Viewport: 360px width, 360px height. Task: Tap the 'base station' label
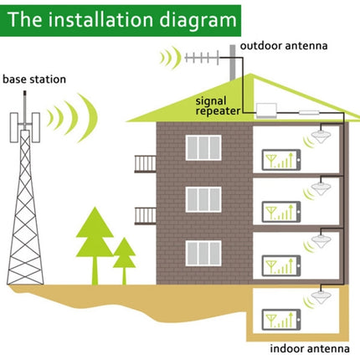pyautogui.click(x=37, y=80)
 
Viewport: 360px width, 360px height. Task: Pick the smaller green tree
pyautogui.click(x=125, y=255)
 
